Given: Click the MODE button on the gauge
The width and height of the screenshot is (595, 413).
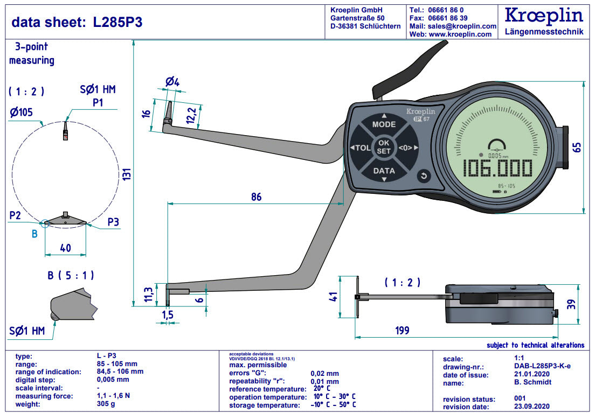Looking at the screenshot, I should (x=384, y=124).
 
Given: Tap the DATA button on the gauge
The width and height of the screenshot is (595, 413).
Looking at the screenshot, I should (x=384, y=171).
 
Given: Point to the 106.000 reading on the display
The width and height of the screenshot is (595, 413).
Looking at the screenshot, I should (x=499, y=169).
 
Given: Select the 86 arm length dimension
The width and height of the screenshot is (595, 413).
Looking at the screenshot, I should (x=256, y=197).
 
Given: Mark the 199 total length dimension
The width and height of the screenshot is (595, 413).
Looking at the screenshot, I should (x=402, y=330).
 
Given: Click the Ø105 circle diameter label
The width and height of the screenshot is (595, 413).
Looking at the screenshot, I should (x=20, y=112).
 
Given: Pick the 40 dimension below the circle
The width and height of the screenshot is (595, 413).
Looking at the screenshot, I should (x=65, y=248).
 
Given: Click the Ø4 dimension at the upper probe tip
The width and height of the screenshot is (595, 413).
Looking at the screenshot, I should (x=172, y=82).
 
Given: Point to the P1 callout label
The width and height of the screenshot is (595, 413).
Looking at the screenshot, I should (x=98, y=102).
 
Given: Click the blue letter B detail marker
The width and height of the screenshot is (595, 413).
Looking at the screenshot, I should (x=34, y=234).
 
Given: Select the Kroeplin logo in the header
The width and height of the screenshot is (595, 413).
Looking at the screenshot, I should (x=544, y=15).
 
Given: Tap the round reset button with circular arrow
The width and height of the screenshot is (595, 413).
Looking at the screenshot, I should (x=424, y=176).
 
